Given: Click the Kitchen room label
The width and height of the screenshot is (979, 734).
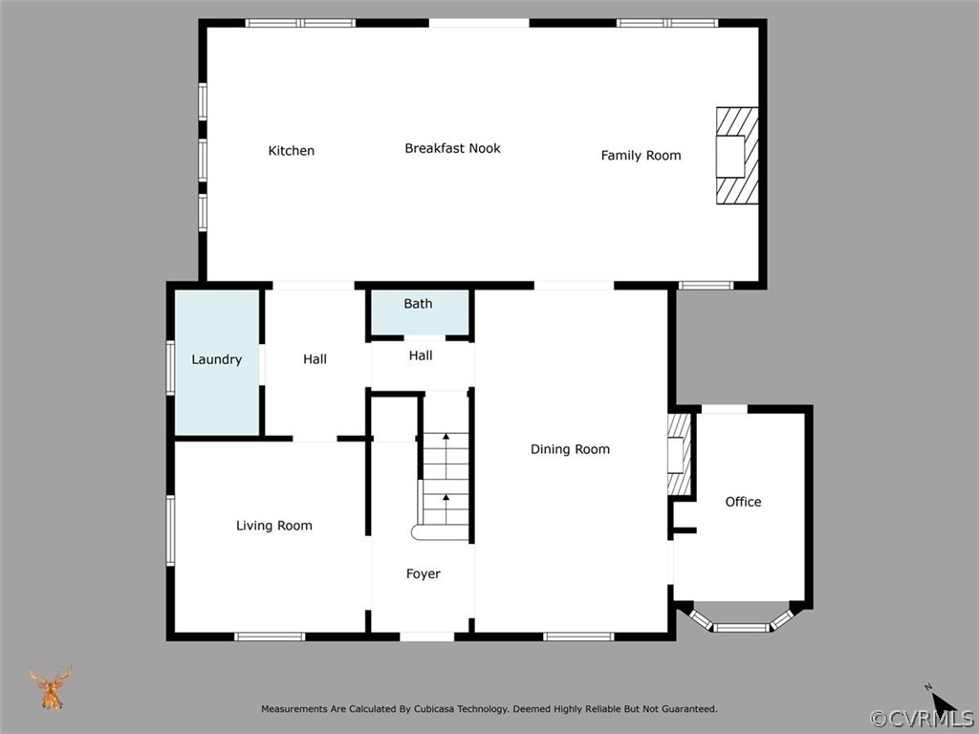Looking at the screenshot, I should coord(291,151).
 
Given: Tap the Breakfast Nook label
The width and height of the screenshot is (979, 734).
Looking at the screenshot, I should coord(452,148).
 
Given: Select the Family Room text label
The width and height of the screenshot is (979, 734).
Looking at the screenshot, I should coord(641,156).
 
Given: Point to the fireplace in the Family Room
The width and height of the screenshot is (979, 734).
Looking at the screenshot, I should coord(737,156).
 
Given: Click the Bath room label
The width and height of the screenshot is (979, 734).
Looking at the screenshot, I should coord(418,304).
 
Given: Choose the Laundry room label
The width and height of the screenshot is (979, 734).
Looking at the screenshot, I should coord(216,360).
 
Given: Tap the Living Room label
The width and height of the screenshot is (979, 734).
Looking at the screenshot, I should coord(273,526).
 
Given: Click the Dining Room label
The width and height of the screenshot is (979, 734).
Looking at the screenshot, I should coord(570,449).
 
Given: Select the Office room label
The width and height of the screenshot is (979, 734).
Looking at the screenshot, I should coord(743,502).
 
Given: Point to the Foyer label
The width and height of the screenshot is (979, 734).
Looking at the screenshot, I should coord(424,574).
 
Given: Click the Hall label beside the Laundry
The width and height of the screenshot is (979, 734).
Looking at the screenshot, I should coord(315,359).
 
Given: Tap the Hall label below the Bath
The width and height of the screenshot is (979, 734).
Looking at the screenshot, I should coord(421,356).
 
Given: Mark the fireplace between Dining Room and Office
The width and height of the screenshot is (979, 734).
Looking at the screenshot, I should coord(679,454).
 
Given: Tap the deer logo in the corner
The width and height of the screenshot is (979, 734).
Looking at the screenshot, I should coord(51,687).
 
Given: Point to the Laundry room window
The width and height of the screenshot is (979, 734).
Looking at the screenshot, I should coord(170,368).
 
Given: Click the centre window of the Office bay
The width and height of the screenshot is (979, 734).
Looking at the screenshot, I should coord(743,628).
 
